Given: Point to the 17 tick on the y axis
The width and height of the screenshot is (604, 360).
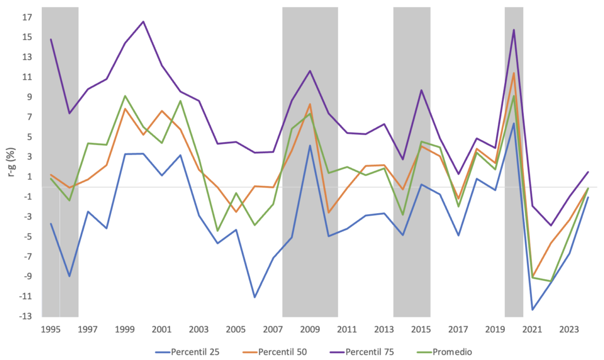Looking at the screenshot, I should click(x=27, y=17).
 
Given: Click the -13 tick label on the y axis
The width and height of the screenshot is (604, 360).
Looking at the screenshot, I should click(x=25, y=316).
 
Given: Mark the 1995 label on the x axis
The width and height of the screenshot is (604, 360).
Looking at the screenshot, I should click(x=51, y=329).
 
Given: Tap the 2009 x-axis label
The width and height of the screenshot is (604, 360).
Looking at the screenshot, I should click(x=310, y=329).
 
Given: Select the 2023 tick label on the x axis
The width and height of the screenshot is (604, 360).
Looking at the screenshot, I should click(x=569, y=329).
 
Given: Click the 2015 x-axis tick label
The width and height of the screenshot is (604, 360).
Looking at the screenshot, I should click(x=421, y=329).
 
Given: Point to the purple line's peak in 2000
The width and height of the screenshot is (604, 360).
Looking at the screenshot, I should click(x=143, y=22).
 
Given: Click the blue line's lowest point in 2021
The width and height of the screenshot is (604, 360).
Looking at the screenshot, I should click(x=532, y=310).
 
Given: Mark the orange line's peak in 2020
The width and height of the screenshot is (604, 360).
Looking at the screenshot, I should click(x=514, y=73).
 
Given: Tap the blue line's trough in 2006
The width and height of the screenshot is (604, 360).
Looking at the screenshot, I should click(x=254, y=297).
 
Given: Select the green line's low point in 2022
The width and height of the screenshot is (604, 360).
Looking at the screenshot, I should click(x=551, y=281).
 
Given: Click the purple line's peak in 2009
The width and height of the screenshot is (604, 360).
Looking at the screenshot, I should click(x=310, y=71).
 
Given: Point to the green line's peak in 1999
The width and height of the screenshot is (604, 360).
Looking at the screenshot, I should click(x=125, y=96).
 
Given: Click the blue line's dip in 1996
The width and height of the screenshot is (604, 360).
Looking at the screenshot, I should click(x=70, y=276).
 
